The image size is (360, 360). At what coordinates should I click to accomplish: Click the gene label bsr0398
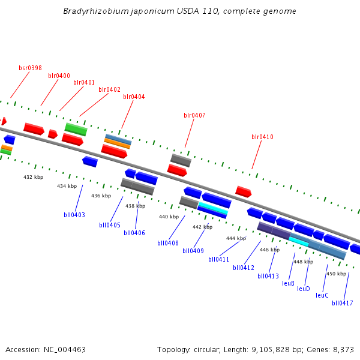[30, 68]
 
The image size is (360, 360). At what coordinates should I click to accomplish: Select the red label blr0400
[59, 76]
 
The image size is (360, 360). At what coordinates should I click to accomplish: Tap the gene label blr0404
[134, 97]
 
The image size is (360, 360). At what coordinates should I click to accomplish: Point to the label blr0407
[194, 115]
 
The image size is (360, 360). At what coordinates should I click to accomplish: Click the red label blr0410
[262, 137]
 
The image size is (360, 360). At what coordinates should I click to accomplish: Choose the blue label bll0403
[74, 215]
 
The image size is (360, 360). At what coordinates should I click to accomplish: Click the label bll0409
[193, 251]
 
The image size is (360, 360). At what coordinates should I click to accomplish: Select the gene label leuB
[288, 283]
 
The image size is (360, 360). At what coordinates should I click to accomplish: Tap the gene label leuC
[322, 295]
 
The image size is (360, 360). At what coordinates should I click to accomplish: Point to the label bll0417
[343, 303]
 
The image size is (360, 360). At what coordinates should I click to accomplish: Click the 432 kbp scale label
[34, 178]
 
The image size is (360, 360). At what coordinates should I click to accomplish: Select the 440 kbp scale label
[169, 217]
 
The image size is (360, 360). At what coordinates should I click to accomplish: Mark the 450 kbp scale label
[337, 274]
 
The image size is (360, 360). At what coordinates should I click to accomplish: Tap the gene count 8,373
[343, 349]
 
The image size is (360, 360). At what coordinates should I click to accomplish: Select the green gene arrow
[76, 128]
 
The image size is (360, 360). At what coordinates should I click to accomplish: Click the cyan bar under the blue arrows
[213, 208]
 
